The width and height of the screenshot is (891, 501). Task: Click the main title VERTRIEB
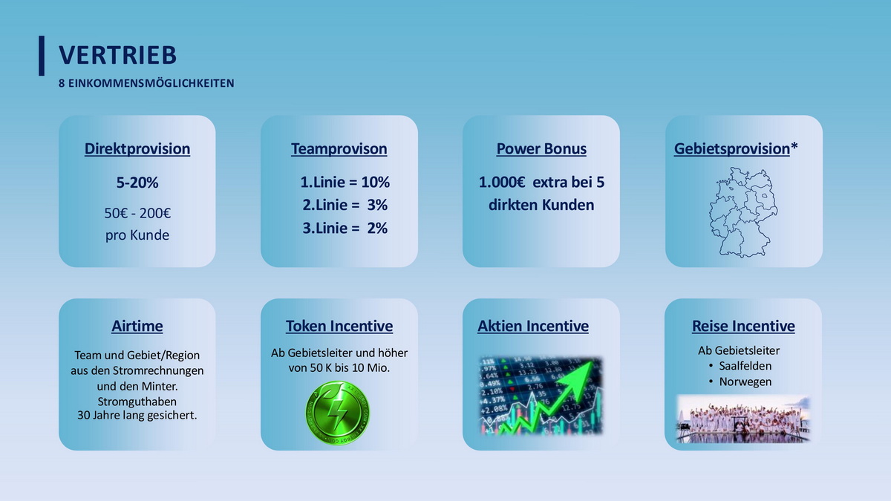[x=118, y=55]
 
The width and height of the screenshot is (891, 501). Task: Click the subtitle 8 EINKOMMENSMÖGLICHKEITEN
[x=146, y=83]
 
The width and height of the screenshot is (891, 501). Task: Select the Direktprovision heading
[x=137, y=148]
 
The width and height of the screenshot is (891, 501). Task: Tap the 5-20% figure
[x=137, y=183]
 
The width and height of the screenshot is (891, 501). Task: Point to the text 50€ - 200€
[x=137, y=213]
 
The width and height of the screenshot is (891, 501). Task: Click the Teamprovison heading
[x=339, y=148]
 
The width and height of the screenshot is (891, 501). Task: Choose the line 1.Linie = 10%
[x=345, y=182]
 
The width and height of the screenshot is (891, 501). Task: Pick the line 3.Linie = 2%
[x=345, y=229]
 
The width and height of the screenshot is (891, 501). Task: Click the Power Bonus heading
[x=541, y=148]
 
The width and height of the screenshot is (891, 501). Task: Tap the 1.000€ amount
[x=502, y=182]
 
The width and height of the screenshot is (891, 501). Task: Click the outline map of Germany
[x=743, y=212]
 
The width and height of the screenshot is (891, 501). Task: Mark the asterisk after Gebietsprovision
[x=794, y=146]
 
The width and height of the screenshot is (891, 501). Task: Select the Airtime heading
[x=137, y=326]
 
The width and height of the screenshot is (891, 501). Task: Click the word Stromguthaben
[x=137, y=402]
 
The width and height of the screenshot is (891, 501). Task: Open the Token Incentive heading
[x=339, y=326]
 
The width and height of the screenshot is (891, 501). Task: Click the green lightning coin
[x=337, y=413]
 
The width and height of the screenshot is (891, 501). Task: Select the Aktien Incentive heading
[x=533, y=326]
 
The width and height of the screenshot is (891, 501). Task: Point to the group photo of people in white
[x=743, y=419]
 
